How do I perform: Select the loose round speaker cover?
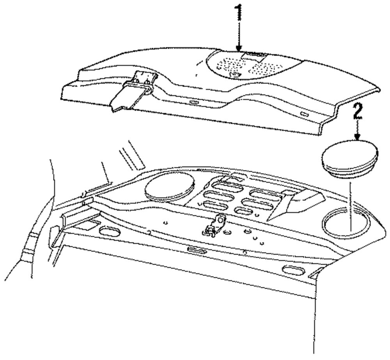350,158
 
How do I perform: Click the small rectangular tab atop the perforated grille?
253,55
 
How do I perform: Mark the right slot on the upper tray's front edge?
304,113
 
